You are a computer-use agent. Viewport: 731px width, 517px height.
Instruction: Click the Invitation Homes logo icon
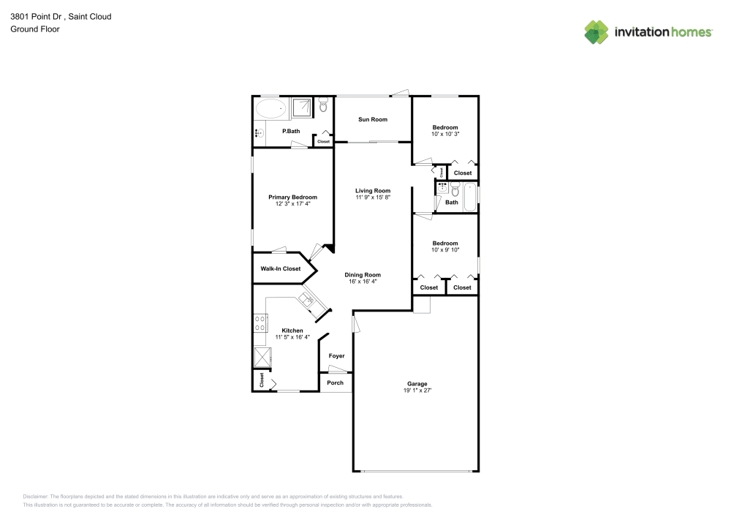point(596,31)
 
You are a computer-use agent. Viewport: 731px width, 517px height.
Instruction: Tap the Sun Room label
point(373,119)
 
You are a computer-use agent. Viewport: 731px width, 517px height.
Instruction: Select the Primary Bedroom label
point(292,197)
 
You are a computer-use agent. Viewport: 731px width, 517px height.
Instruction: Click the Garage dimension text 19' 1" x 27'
point(417,391)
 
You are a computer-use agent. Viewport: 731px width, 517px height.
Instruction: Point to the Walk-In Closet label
point(281,269)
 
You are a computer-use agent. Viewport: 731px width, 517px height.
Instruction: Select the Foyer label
point(336,356)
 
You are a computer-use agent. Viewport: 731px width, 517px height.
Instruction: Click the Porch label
point(335,383)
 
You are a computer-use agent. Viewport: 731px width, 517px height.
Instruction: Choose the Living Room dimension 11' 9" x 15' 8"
point(373,197)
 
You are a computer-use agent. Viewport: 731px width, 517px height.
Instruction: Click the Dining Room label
point(363,275)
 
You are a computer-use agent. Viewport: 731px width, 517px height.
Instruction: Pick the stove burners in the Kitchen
point(260,322)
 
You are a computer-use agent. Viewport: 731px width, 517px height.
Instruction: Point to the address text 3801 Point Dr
point(36,16)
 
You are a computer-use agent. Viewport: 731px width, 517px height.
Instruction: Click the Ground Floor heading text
point(35,29)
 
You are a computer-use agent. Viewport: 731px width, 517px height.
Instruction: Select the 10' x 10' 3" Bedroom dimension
point(444,134)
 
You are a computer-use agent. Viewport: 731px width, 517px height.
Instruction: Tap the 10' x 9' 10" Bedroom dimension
point(444,250)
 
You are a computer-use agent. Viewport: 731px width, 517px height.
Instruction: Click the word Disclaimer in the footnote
point(36,496)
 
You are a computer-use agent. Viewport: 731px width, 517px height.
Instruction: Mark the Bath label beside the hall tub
point(452,203)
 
